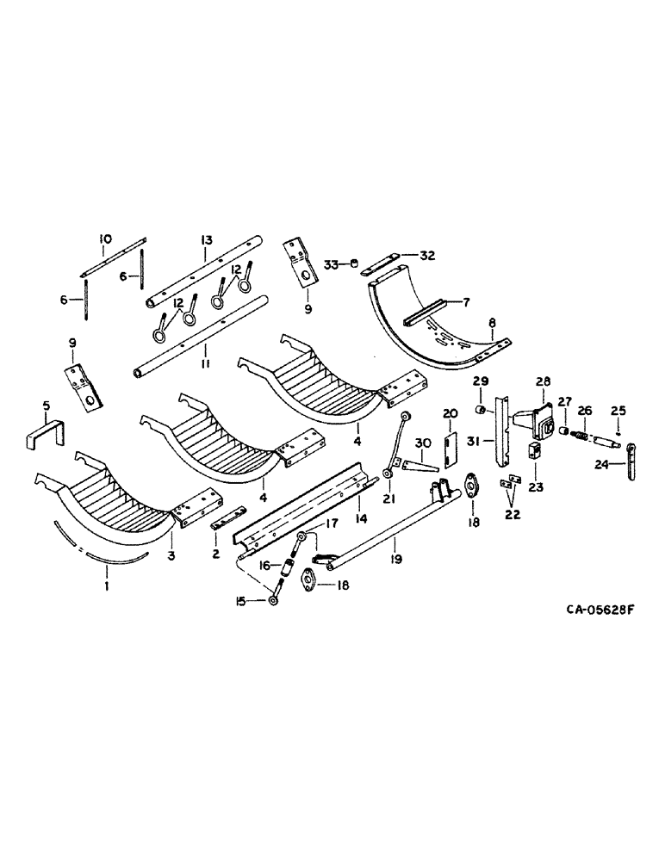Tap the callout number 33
330,263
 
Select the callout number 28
544,381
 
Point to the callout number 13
206,238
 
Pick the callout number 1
108,587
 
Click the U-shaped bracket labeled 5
42,432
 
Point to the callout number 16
265,565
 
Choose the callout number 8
493,325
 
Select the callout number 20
449,414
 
